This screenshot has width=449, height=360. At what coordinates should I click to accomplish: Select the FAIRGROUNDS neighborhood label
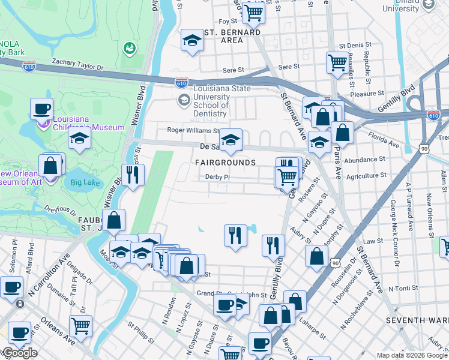tap(225, 163)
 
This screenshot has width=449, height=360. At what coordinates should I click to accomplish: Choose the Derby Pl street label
tap(217, 177)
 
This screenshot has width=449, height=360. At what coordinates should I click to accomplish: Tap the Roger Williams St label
tap(193, 130)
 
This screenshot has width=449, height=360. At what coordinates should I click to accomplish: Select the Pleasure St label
tap(366, 94)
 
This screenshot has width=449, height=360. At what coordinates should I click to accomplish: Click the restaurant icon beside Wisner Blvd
tap(133, 175)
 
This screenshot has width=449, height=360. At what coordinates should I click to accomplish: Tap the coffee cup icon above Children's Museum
tap(41, 109)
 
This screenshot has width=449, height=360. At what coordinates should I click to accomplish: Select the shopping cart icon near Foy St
tap(255, 11)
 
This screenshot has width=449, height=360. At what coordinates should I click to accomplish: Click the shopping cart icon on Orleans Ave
tap(80, 326)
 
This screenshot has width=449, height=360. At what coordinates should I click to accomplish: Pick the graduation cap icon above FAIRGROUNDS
tap(230, 140)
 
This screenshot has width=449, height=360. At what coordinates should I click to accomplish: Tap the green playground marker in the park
tap(128, 47)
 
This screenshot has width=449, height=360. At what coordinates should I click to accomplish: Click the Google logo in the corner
tap(19, 353)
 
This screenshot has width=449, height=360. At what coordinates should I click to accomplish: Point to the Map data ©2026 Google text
tap(411, 355)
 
